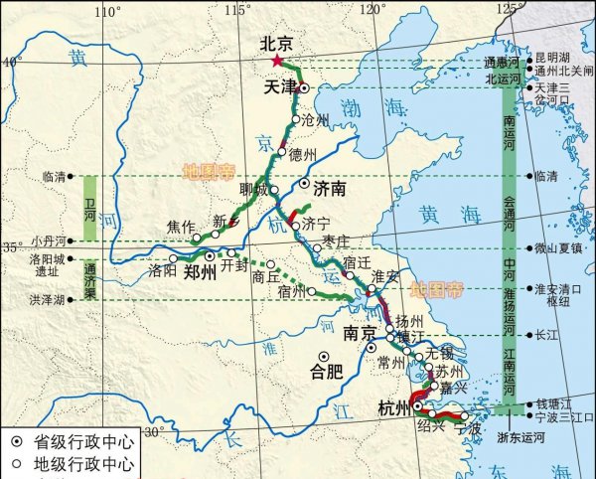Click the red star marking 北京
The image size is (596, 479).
(x=276, y=61)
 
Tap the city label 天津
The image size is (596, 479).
(x=280, y=87)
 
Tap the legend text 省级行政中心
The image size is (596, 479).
(x=74, y=441)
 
